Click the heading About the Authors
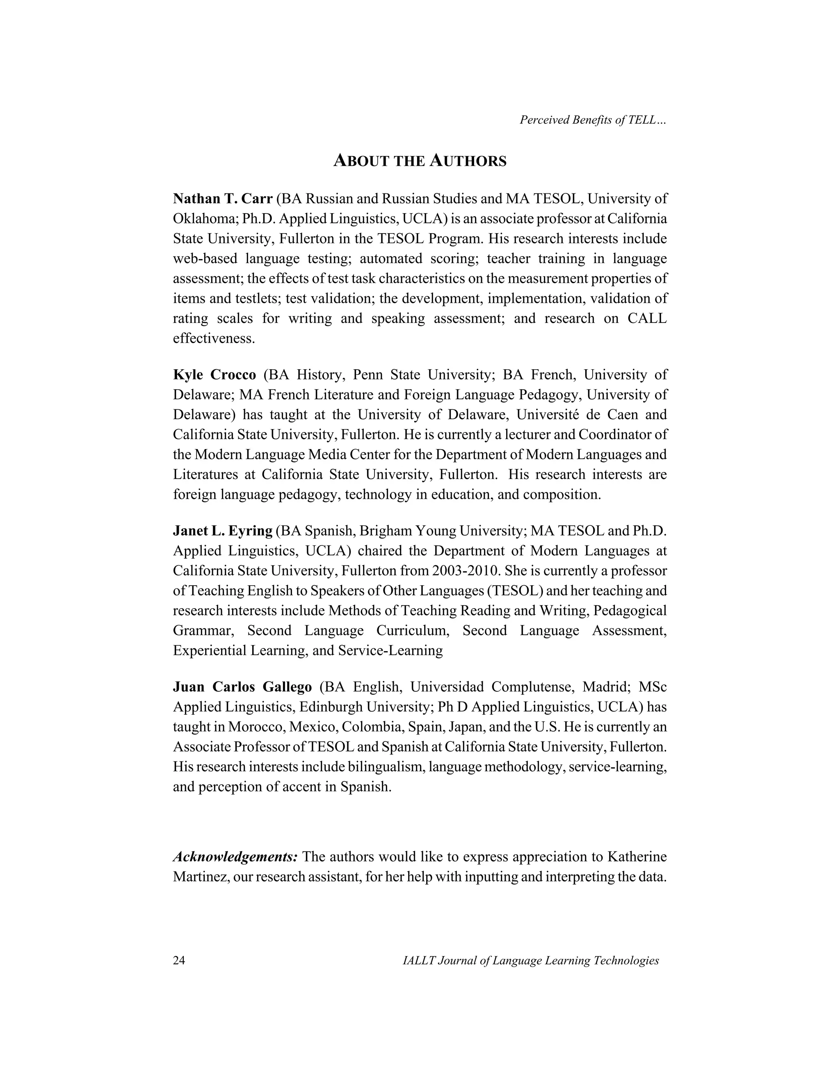click(x=420, y=161)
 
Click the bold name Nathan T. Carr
click(x=222, y=199)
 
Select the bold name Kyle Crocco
click(x=215, y=375)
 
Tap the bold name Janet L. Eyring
click(x=222, y=531)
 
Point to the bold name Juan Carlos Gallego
click(x=242, y=687)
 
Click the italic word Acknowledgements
click(x=235, y=857)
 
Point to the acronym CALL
click(x=646, y=318)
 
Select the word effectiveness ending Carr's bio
click(x=213, y=339)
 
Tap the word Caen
click(x=610, y=414)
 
